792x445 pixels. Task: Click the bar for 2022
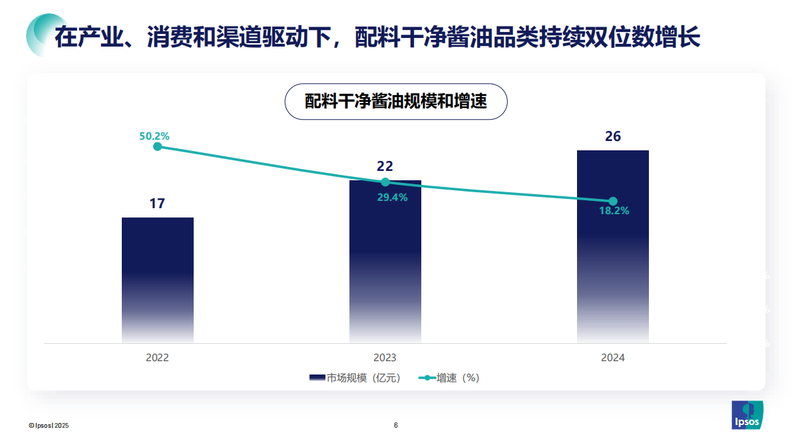pyautogui.click(x=158, y=279)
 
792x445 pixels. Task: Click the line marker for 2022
pyautogui.click(x=158, y=147)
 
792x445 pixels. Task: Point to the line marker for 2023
pyautogui.click(x=385, y=182)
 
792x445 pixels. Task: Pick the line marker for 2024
pyautogui.click(x=613, y=202)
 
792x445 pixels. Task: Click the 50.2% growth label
pyautogui.click(x=154, y=136)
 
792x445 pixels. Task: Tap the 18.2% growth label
pyautogui.click(x=614, y=211)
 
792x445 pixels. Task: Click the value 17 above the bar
pyautogui.click(x=157, y=204)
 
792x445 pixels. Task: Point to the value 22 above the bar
pyautogui.click(x=385, y=166)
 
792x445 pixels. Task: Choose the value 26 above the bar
pyautogui.click(x=612, y=136)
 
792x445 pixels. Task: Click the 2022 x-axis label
pyautogui.click(x=158, y=358)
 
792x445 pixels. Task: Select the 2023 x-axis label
pyautogui.click(x=385, y=358)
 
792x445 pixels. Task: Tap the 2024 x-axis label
pyautogui.click(x=613, y=358)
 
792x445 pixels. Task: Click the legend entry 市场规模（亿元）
pyautogui.click(x=355, y=378)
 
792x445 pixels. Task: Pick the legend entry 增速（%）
pyautogui.click(x=449, y=378)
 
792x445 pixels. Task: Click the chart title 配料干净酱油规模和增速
pyautogui.click(x=396, y=101)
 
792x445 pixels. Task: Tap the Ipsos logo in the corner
pyautogui.click(x=747, y=416)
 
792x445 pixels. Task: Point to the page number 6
pyautogui.click(x=396, y=425)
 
